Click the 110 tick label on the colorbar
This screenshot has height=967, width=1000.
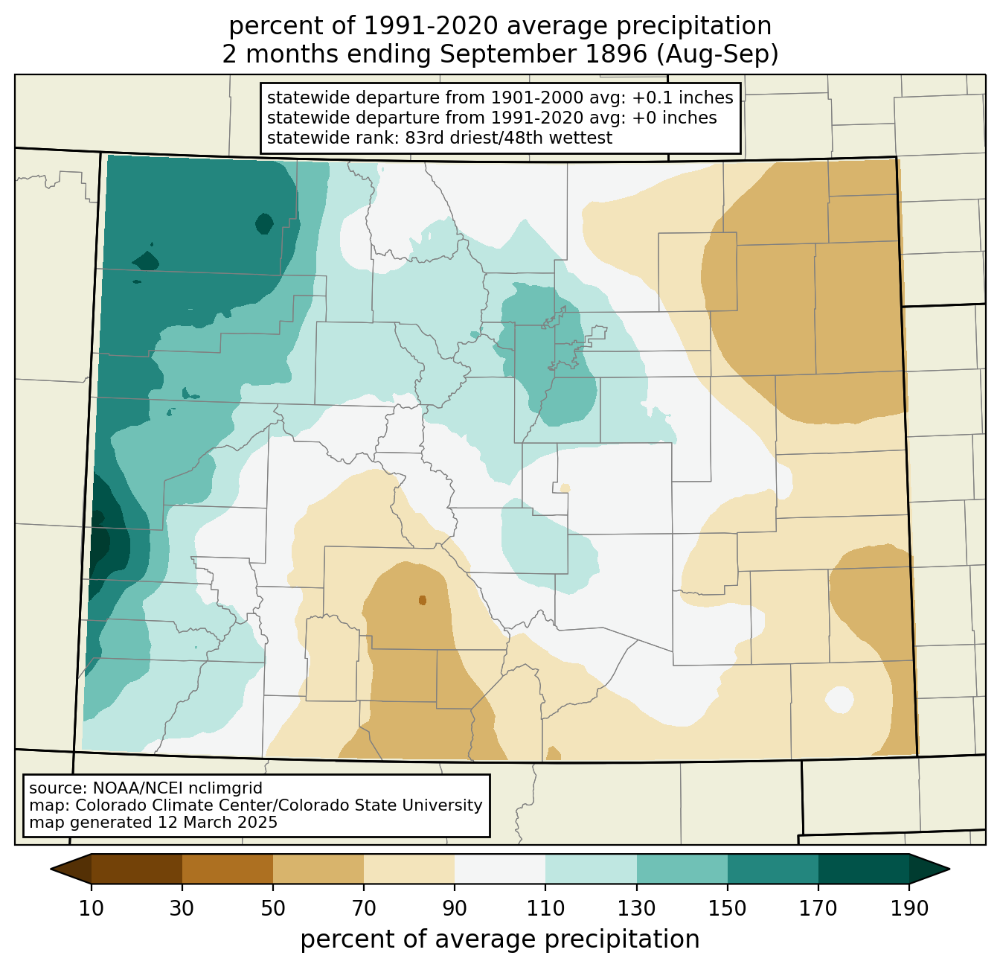545,908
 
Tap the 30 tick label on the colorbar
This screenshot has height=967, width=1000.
182,908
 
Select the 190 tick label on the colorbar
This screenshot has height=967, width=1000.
909,908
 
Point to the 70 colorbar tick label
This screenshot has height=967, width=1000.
364,908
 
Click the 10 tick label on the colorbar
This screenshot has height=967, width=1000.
91,908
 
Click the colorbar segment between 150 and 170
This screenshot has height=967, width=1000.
773,869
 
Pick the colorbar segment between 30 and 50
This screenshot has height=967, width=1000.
227,869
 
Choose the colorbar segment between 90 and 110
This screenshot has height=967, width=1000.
500,869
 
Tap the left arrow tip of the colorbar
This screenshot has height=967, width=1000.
51,869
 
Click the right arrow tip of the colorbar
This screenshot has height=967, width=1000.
949,869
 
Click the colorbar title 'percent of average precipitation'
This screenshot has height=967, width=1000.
499,939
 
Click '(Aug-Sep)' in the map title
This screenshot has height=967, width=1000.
718,54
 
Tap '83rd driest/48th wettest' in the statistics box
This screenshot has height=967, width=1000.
509,138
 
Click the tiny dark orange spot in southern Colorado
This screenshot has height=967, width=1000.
423,600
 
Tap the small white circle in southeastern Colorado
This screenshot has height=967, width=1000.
839,700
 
